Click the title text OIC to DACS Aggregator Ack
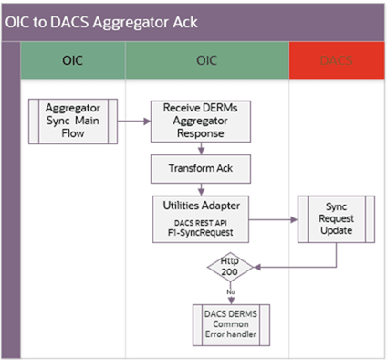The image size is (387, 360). click(101, 21)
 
